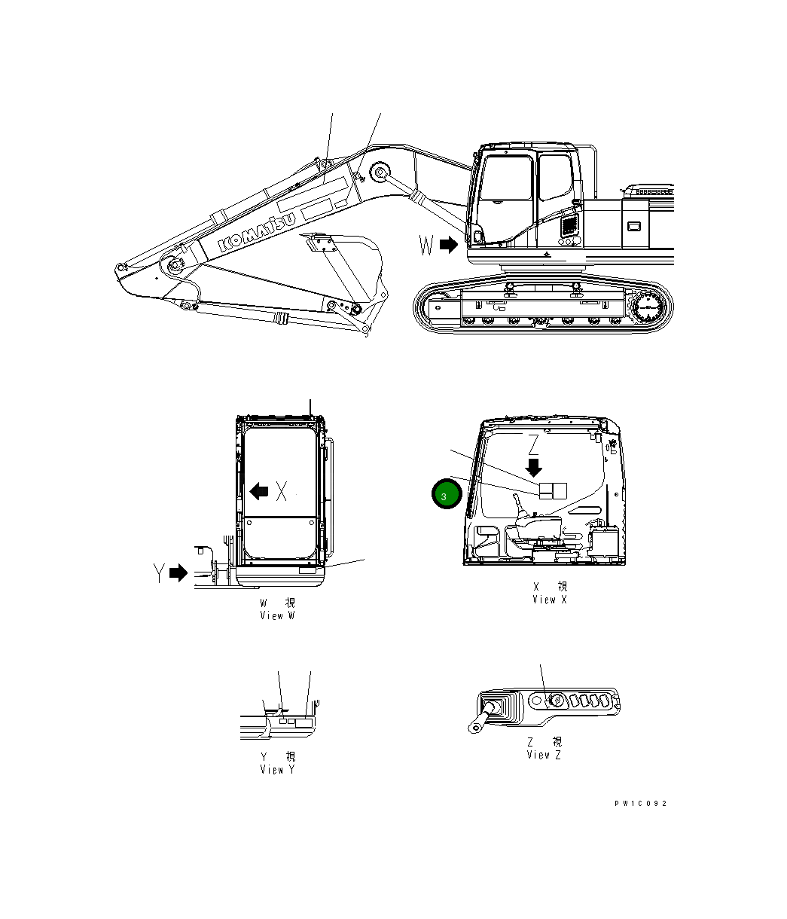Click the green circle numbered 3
click(444, 496)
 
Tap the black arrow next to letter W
click(449, 245)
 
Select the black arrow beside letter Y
click(178, 573)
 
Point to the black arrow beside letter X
click(259, 492)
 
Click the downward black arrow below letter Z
click(534, 466)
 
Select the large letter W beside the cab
click(427, 245)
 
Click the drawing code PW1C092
click(640, 804)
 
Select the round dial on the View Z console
click(557, 701)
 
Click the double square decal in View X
click(553, 490)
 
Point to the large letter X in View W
click(281, 492)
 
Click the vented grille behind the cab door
click(569, 224)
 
